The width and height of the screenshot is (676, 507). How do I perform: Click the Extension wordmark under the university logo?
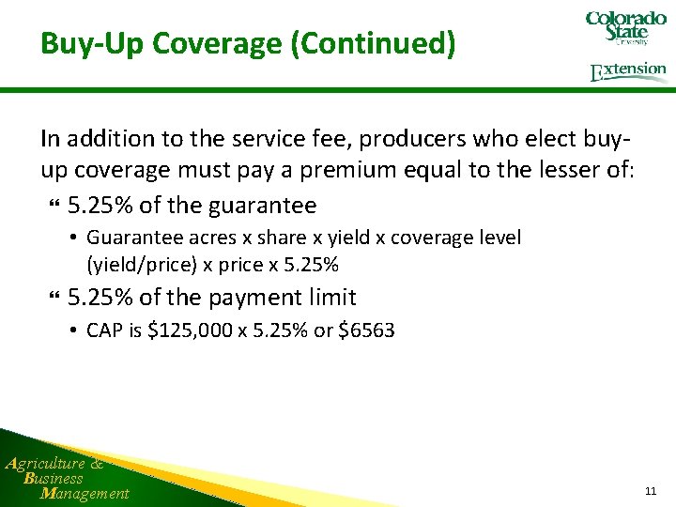(628, 71)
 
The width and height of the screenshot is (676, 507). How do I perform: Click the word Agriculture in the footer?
(47, 462)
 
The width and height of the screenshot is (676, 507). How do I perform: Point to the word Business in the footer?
(54, 478)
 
